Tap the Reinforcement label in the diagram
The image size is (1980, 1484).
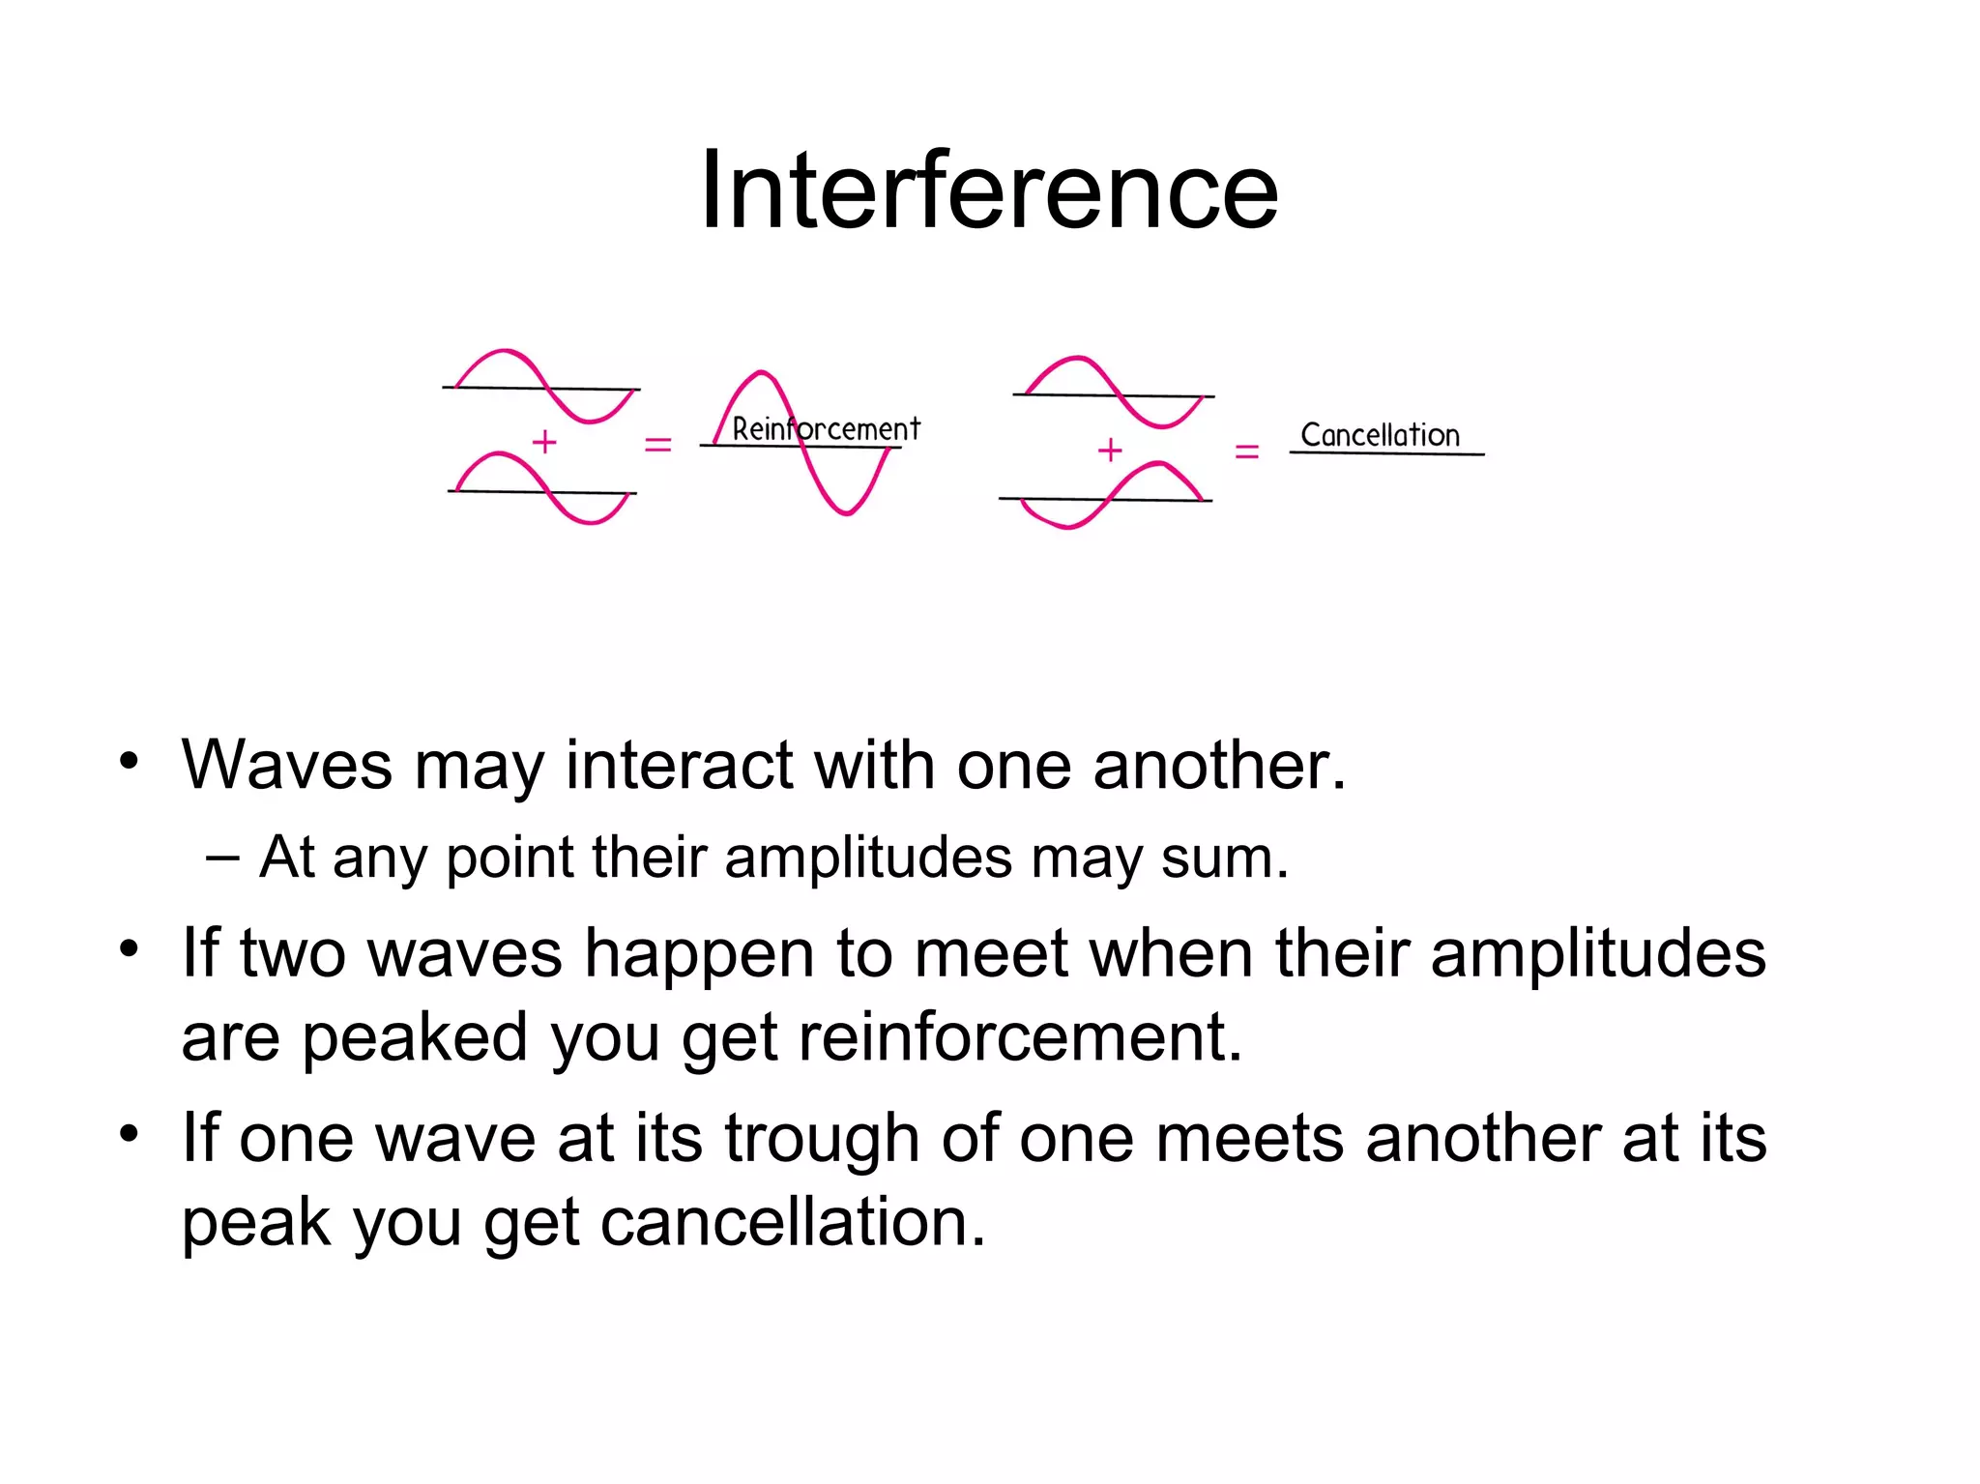coord(826,428)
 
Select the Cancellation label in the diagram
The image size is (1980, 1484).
coord(1380,435)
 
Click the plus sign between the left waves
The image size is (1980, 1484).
coord(544,442)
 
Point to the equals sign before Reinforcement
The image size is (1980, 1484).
coord(657,445)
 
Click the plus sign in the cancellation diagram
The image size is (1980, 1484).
coord(1110,449)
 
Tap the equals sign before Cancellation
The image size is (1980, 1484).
coord(1247,451)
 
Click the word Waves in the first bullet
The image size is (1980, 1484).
coord(286,765)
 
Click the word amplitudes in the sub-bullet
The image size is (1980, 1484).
coord(868,857)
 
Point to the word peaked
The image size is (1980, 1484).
coord(415,1037)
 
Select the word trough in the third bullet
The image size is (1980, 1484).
coord(822,1138)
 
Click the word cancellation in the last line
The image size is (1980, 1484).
coord(793,1222)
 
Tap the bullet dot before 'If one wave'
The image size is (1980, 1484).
coord(130,1132)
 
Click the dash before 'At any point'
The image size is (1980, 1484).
coord(223,857)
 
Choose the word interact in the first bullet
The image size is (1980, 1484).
coord(679,765)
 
